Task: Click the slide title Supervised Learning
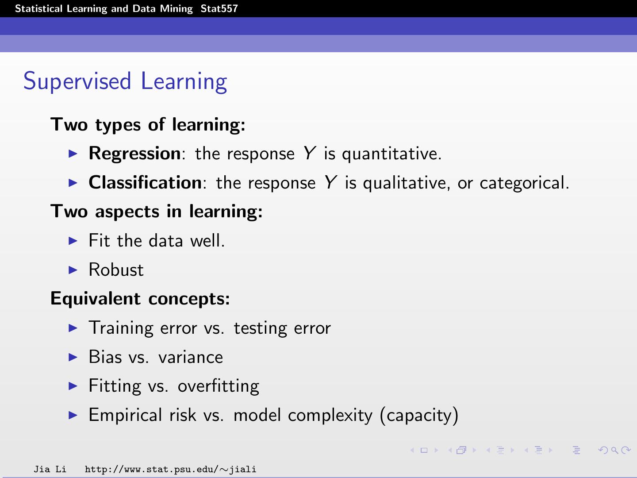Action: click(x=125, y=82)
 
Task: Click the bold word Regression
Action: click(x=134, y=154)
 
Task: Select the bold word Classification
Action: click(x=145, y=183)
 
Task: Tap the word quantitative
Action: click(x=391, y=154)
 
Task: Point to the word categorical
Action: click(x=524, y=183)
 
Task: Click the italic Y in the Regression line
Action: click(x=309, y=154)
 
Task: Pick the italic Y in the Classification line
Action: click(x=330, y=183)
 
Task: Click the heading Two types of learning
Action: click(x=148, y=125)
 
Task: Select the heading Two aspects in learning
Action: click(x=157, y=212)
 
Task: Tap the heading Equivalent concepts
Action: click(x=140, y=299)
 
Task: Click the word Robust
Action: click(x=116, y=270)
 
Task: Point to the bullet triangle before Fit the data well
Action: click(x=73, y=241)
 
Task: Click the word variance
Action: click(x=191, y=357)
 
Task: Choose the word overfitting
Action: click(x=219, y=386)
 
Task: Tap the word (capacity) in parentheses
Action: click(x=419, y=416)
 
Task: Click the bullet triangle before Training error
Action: click(x=73, y=328)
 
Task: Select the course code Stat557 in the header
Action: click(x=219, y=9)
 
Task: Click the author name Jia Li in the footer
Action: click(x=50, y=469)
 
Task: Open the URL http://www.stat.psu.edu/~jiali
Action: click(x=170, y=469)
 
